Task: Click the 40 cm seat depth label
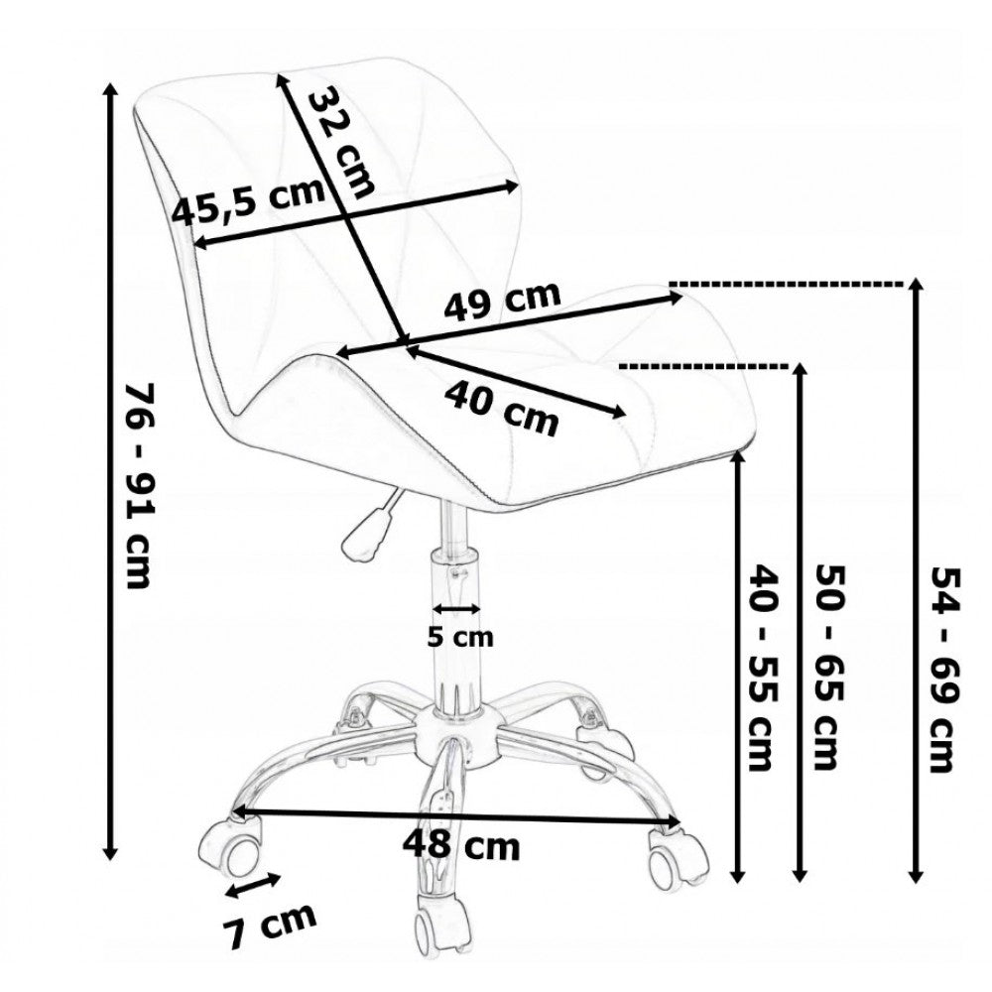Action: pos(501,408)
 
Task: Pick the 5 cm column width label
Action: pos(459,638)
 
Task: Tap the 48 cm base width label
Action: pos(460,846)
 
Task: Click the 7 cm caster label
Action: pos(269,926)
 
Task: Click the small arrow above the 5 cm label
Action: pos(457,608)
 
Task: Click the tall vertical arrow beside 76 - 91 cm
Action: pos(110,471)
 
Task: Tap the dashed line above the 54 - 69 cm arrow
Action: pos(789,284)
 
